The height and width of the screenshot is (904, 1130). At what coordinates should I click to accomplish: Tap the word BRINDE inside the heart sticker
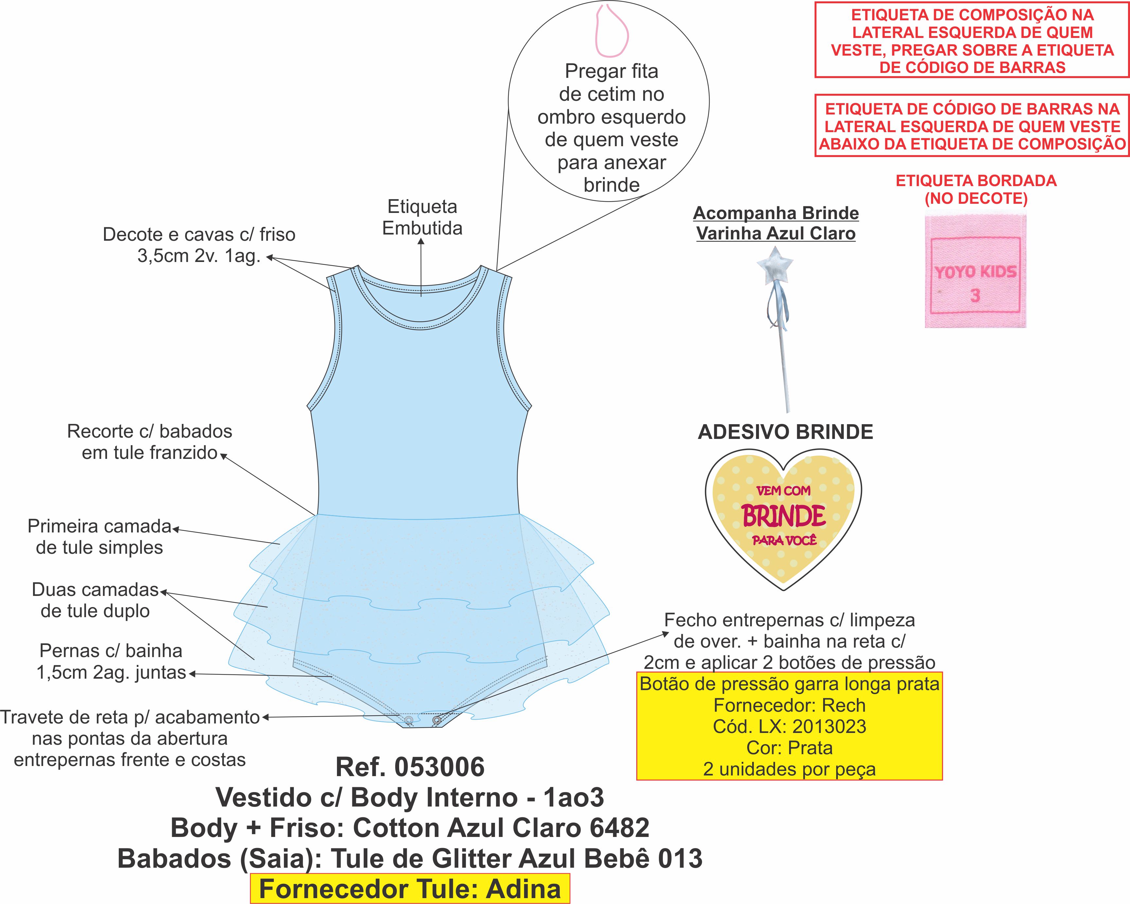pyautogui.click(x=784, y=516)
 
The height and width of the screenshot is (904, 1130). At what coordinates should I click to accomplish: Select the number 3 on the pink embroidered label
pyautogui.click(x=975, y=296)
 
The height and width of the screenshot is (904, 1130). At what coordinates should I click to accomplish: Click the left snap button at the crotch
pyautogui.click(x=409, y=721)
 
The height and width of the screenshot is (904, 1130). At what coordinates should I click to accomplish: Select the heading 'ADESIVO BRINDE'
pyautogui.click(x=786, y=432)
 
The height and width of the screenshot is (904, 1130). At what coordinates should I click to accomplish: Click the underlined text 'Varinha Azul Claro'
pyautogui.click(x=776, y=233)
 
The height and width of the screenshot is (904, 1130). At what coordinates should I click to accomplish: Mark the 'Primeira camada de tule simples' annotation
pyautogui.click(x=99, y=537)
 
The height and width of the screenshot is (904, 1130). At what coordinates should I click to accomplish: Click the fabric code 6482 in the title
pyautogui.click(x=620, y=828)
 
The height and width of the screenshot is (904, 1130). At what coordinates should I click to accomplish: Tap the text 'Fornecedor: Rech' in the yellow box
pyautogui.click(x=789, y=705)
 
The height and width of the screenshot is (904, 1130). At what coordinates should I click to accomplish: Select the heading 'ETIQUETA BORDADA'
pyautogui.click(x=976, y=181)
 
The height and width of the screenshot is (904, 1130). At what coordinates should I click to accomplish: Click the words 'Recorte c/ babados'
pyautogui.click(x=150, y=431)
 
